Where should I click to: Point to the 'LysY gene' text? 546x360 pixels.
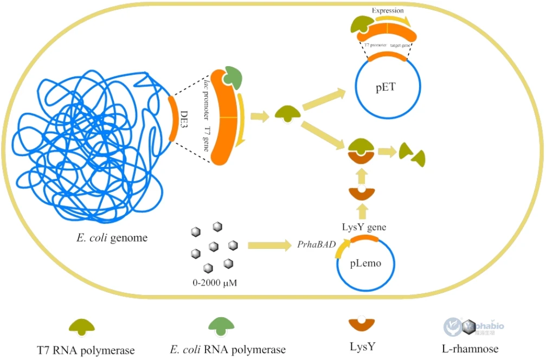point(364,227)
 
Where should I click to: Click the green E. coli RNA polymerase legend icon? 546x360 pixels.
point(222,324)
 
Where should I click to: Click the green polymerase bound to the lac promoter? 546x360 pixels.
point(234,76)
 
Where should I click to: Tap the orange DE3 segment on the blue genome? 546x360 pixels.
point(172,118)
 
